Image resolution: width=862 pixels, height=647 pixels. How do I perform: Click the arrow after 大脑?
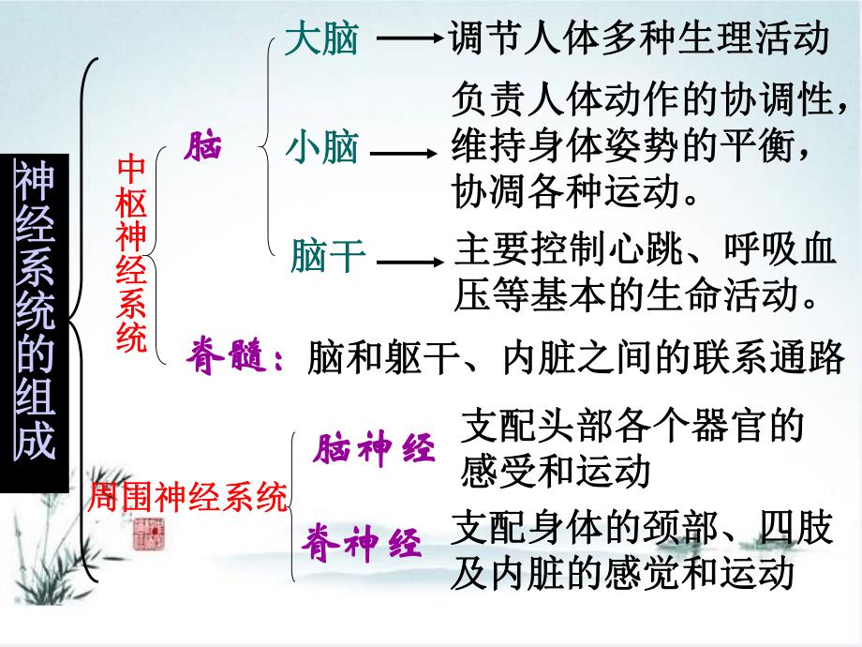tap(408, 40)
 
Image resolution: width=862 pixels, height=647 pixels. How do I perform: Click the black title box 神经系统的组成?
tap(35, 321)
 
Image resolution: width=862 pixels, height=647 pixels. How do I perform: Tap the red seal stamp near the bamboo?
tap(148, 534)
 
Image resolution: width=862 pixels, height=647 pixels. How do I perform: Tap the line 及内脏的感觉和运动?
tap(621, 572)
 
